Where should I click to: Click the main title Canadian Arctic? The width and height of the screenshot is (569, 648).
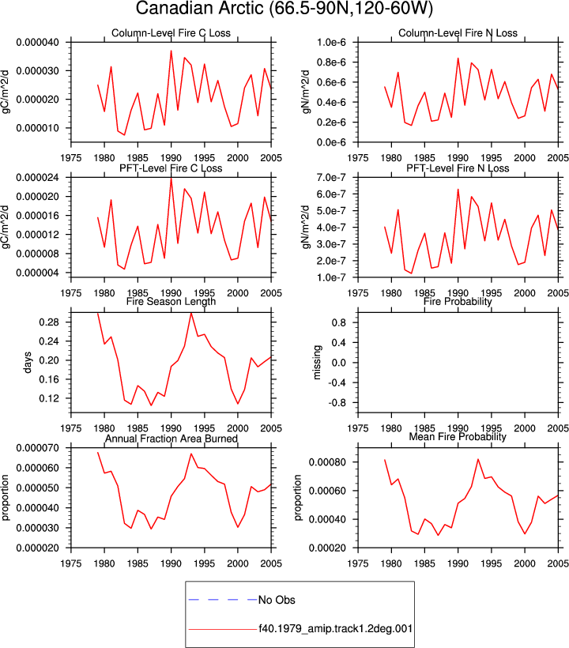200,9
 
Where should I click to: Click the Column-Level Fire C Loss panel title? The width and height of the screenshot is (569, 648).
171,33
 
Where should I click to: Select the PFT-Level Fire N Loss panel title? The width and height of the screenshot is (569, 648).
458,168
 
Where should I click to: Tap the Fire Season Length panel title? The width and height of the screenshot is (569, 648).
171,301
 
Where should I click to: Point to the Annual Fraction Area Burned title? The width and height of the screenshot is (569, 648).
171,439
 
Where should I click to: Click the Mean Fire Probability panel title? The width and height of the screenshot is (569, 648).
458,437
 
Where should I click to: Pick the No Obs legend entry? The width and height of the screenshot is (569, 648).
277,600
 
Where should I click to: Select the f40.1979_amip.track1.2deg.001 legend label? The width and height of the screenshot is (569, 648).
336,629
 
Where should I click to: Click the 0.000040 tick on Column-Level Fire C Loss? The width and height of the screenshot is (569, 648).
38,42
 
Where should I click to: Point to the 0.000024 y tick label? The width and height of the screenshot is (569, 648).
38,178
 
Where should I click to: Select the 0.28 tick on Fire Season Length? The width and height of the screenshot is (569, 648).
49,322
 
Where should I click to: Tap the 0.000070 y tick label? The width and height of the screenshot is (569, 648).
38,448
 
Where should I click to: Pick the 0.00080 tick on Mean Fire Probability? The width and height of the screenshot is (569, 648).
326,462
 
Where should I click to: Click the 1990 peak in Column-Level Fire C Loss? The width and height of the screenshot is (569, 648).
171,51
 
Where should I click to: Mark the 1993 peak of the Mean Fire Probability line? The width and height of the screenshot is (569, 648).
478,459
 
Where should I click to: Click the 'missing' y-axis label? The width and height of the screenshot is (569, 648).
317,362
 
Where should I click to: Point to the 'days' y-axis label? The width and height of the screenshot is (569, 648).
28,362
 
